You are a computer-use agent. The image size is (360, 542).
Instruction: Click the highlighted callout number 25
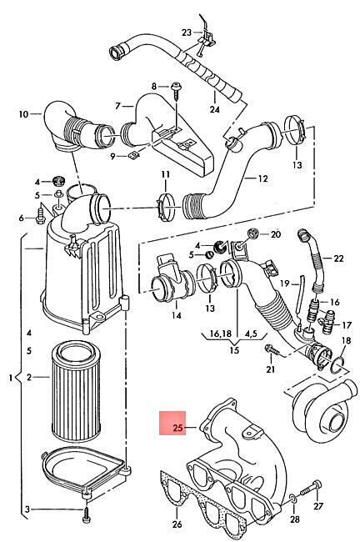177,428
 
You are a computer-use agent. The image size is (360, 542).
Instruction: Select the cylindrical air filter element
76,391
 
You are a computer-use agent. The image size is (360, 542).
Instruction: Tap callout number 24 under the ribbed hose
214,109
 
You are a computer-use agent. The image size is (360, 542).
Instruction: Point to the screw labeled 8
176,90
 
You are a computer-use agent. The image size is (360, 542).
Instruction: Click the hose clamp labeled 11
166,208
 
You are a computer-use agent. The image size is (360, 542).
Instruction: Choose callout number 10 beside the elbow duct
23,113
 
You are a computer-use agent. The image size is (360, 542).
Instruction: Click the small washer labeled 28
292,498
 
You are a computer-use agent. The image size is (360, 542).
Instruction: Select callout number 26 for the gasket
177,524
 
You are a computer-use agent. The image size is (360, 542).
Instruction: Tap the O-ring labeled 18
338,366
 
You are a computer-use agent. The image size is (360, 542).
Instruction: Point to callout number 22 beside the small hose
339,258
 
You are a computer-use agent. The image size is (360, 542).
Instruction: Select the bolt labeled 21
273,350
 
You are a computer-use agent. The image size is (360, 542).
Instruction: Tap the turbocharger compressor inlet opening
334,421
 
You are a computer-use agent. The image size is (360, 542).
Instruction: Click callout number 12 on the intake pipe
263,178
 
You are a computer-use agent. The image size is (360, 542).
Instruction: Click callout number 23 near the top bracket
187,33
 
